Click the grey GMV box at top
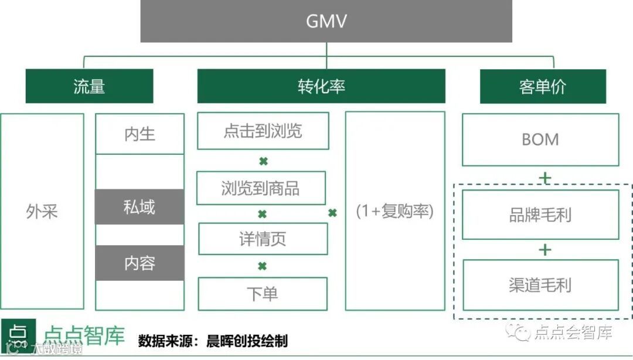(x=326, y=21)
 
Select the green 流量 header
(x=89, y=86)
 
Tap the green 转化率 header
(x=321, y=86)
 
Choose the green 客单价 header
(x=543, y=86)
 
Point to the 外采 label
(x=42, y=212)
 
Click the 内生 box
(x=139, y=134)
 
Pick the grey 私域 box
(x=139, y=206)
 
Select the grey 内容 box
(x=139, y=263)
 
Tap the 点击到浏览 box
(x=263, y=131)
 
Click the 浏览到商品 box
(x=261, y=188)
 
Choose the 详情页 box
(x=263, y=239)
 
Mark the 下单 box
(x=263, y=294)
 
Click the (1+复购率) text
(x=395, y=211)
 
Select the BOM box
(x=540, y=140)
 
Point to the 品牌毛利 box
(x=540, y=215)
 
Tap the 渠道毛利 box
(x=540, y=285)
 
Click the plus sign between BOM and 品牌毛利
(x=545, y=178)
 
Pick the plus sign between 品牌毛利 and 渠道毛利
(x=545, y=250)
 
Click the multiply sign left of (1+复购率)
(x=332, y=213)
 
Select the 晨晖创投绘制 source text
(x=247, y=341)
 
